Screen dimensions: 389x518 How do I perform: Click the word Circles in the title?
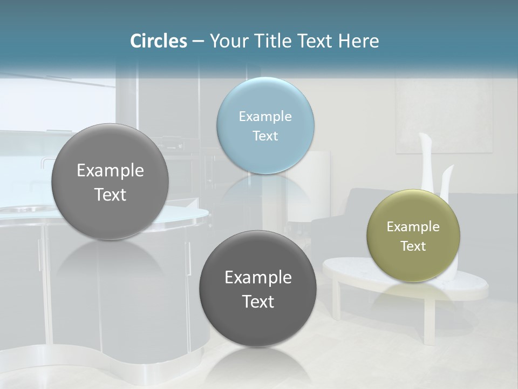coord(158,41)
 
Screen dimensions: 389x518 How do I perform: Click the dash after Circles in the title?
coord(198,42)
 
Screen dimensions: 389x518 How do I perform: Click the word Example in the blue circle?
coord(265,117)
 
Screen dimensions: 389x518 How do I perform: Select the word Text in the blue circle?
coord(265,136)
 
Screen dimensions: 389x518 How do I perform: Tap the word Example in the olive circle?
coord(413,227)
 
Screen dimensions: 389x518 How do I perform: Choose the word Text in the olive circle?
coord(413,246)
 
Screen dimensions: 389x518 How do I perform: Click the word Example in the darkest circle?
coord(258,278)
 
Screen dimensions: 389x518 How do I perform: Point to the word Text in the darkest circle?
coord(258,301)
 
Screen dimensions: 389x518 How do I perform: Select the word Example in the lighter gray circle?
coord(110,171)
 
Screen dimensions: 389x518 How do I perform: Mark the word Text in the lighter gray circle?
coord(110,194)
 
